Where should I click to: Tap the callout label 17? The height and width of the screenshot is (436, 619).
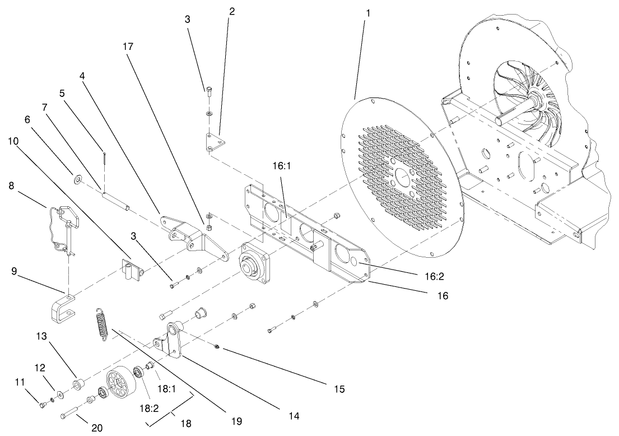click(x=128, y=47)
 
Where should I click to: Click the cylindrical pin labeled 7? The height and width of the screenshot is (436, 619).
click(x=117, y=200)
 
